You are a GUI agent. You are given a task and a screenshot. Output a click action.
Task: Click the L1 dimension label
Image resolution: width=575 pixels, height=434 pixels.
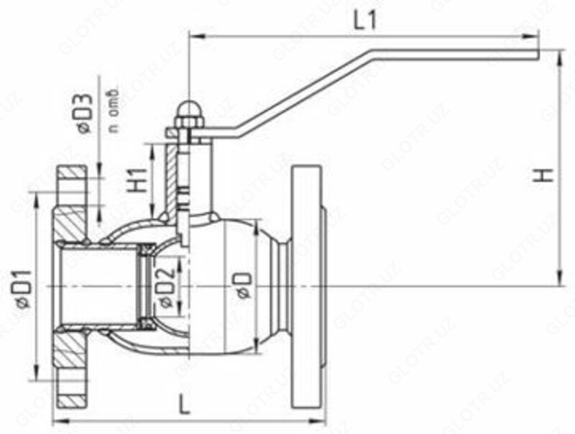(x=366, y=22)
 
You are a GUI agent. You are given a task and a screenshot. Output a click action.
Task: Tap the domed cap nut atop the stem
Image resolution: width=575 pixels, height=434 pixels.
(x=187, y=109)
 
